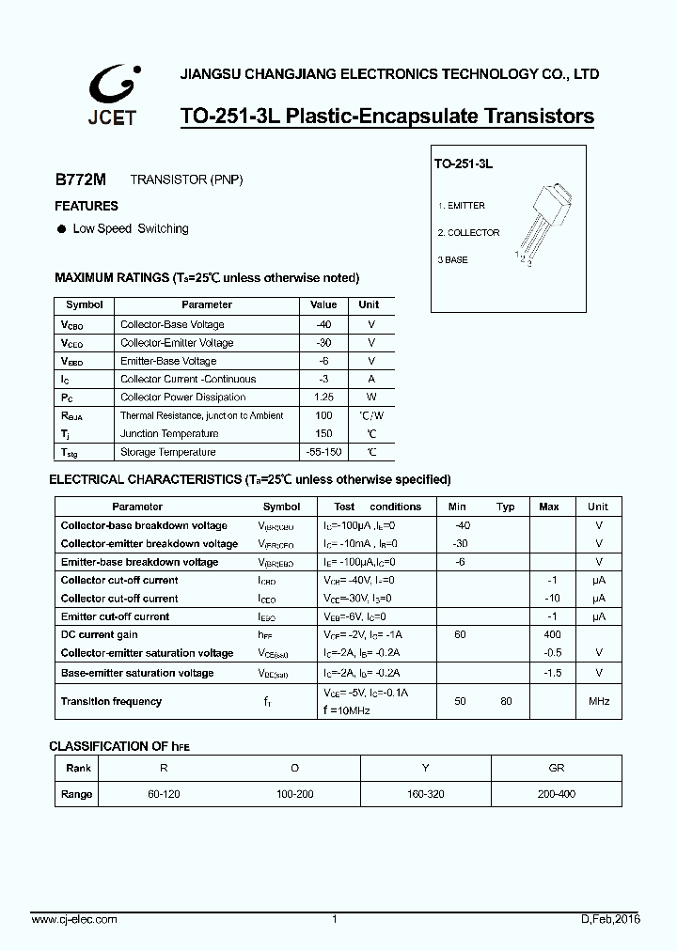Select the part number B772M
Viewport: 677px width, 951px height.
tap(80, 179)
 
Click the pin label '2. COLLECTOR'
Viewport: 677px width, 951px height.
tap(468, 232)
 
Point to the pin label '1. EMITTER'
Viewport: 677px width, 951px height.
tap(462, 205)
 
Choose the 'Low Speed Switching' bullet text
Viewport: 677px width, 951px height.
tap(131, 228)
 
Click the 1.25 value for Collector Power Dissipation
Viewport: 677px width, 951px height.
tap(323, 397)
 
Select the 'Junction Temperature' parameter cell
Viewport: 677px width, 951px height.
tap(169, 433)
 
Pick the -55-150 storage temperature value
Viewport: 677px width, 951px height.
tap(323, 452)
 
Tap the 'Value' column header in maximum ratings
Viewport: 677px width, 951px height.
tap(323, 304)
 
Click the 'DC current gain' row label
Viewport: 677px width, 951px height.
tap(99, 634)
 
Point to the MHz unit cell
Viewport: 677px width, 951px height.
tap(599, 701)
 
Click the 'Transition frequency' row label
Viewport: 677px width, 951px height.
tap(111, 701)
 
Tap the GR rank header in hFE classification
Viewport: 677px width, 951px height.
tap(557, 768)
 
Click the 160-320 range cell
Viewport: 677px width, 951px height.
tap(427, 794)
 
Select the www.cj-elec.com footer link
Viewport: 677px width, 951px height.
tap(74, 918)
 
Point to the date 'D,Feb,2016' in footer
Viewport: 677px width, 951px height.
tap(611, 918)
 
